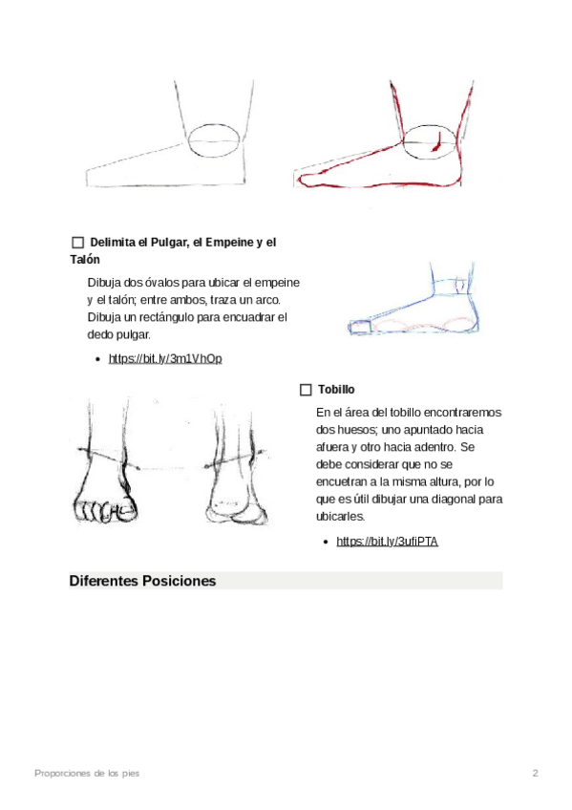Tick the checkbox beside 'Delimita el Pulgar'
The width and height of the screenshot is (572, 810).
tap(78, 243)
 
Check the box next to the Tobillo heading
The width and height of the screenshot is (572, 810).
tap(306, 390)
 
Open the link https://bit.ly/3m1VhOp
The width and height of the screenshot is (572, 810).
tap(165, 358)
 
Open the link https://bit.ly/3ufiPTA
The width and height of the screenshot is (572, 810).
tap(387, 542)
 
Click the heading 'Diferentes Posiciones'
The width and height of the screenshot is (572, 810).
tap(142, 581)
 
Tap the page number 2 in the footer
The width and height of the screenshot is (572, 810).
tap(536, 774)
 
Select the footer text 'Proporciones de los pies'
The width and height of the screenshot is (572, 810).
tap(87, 774)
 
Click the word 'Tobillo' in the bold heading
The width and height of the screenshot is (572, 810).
tap(336, 390)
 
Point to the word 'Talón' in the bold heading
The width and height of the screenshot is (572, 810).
tap(85, 259)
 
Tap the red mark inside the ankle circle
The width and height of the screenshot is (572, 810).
tap(436, 143)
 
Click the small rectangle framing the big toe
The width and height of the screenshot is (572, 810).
tap(360, 327)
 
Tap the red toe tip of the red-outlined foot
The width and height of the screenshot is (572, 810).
tap(301, 180)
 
